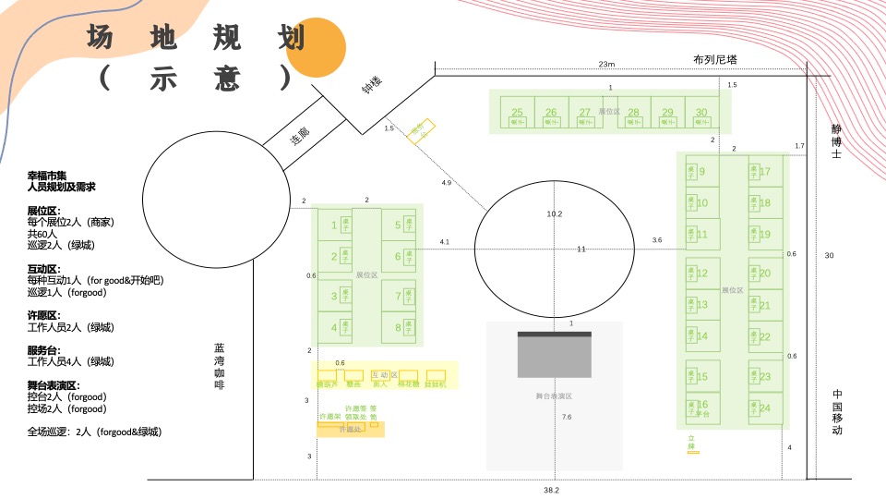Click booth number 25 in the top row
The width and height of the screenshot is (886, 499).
point(517,113)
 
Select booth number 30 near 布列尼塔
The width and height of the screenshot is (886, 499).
point(701,113)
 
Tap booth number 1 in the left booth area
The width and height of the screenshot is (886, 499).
point(334,225)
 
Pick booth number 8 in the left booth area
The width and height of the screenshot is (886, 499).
point(398,327)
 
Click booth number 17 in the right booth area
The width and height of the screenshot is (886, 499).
point(765,171)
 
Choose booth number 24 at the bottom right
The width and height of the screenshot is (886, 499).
point(765,408)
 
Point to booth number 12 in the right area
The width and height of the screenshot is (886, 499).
point(702,273)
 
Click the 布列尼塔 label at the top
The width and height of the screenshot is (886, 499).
point(715,60)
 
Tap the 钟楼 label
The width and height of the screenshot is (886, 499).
point(372,84)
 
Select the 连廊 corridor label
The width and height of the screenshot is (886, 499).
point(300,139)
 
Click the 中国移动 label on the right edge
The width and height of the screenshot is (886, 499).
point(836,413)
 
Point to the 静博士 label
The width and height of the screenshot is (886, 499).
point(836,141)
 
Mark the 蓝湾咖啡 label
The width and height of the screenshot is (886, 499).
point(220,366)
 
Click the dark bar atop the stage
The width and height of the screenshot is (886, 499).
point(554,334)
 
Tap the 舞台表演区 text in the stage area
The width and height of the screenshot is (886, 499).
point(554,396)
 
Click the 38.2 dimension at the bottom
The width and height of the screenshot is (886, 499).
point(552,491)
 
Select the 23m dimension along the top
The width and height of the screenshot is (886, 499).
point(606,64)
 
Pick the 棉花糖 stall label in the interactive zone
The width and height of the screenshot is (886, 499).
point(408,383)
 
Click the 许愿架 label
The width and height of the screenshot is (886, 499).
point(329,417)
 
